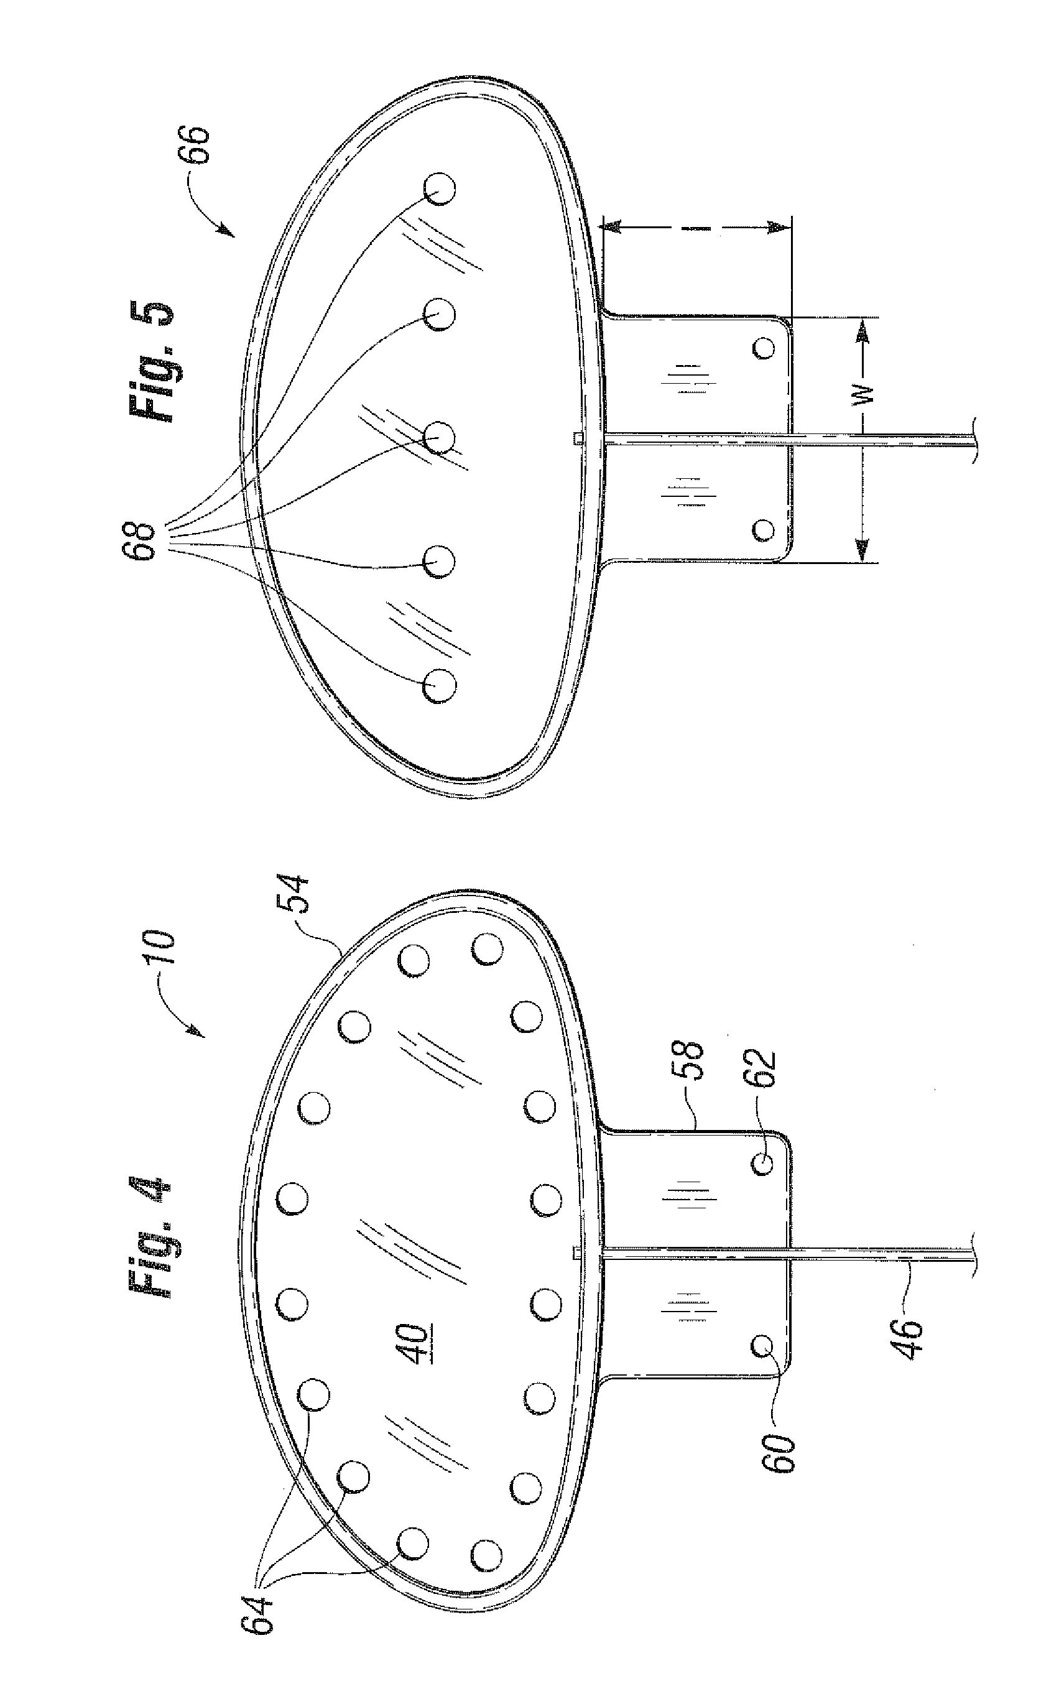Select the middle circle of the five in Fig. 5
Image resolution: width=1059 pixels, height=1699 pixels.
440,438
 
